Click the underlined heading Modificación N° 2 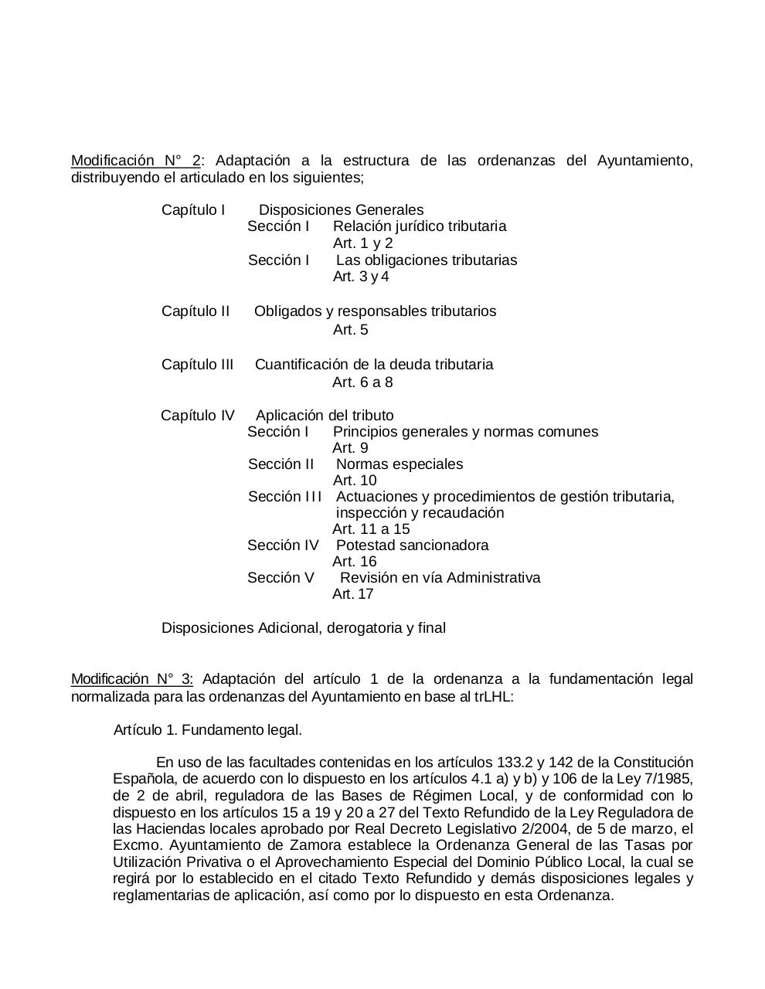pyautogui.click(x=135, y=161)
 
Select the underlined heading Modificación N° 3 pyautogui.click(x=131, y=679)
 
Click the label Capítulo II pyautogui.click(x=195, y=311)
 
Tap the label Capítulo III pyautogui.click(x=197, y=365)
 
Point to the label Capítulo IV pyautogui.click(x=197, y=416)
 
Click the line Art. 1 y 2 pyautogui.click(x=362, y=243)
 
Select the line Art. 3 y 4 pyautogui.click(x=361, y=277)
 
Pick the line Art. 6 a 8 pyautogui.click(x=362, y=382)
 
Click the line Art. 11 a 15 pyautogui.click(x=371, y=529)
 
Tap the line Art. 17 pyautogui.click(x=352, y=594)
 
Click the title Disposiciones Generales pyautogui.click(x=341, y=210)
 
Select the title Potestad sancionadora pyautogui.click(x=413, y=545)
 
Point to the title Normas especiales pyautogui.click(x=399, y=464)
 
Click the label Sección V pyautogui.click(x=280, y=578)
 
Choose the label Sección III pyautogui.click(x=284, y=497)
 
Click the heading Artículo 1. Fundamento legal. pyautogui.click(x=207, y=730)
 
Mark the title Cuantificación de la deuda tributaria pyautogui.click(x=374, y=365)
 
